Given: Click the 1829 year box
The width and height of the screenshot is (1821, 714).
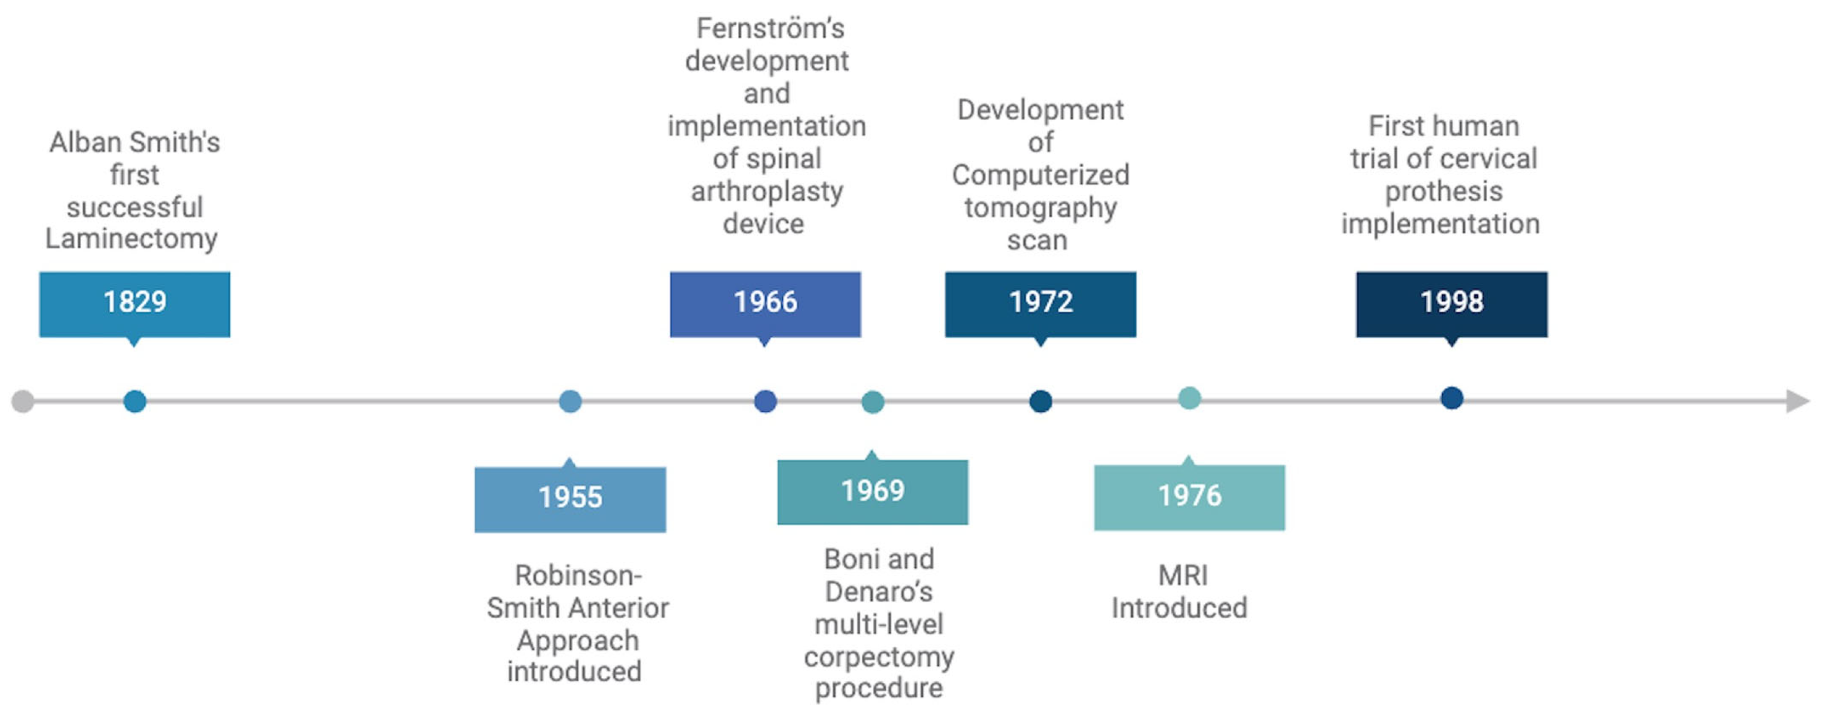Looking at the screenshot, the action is (134, 304).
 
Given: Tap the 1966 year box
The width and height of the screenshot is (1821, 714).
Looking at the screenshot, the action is (766, 304).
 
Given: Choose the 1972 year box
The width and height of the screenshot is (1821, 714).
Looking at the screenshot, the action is (1040, 304).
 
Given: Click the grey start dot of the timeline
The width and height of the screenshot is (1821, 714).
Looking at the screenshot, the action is (23, 402).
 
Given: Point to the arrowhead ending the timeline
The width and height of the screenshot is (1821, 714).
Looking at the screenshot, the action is (1798, 402).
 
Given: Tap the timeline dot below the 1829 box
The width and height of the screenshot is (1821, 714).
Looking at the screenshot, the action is (134, 402).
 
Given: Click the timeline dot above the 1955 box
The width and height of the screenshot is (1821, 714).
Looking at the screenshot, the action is (570, 402).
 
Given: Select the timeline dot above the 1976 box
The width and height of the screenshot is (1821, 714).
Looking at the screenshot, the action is (1190, 398).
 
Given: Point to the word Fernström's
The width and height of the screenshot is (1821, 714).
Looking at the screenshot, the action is (771, 28).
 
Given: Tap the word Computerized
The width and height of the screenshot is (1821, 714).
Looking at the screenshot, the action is (1040, 175).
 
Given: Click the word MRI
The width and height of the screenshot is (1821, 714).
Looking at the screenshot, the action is (1183, 575).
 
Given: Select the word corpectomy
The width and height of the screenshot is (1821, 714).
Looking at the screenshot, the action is (879, 657).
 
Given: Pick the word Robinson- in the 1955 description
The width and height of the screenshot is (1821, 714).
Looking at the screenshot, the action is (578, 575).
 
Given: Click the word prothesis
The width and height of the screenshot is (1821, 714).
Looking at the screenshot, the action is (1444, 191).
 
